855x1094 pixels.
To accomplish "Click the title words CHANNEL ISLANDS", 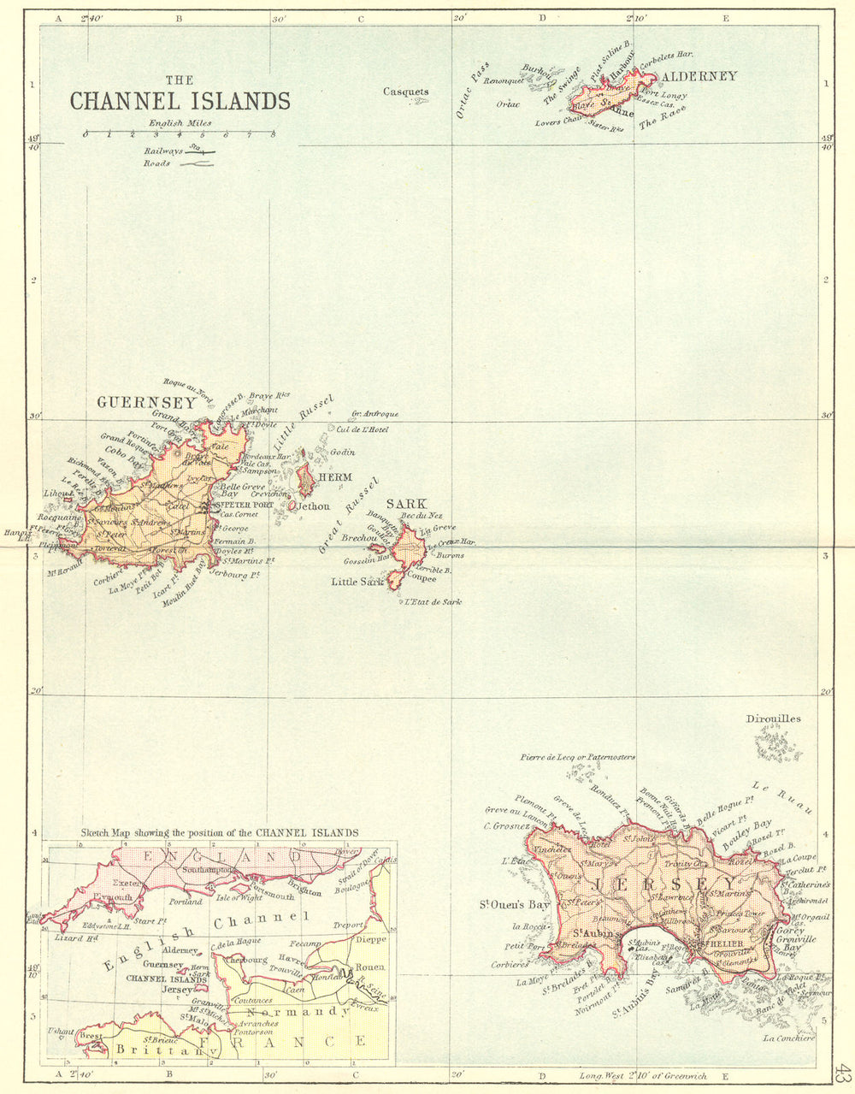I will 180,101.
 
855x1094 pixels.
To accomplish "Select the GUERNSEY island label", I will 134,402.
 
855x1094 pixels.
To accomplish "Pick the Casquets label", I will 405,92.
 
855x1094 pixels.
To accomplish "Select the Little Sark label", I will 357,582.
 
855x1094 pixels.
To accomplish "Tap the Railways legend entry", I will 178,151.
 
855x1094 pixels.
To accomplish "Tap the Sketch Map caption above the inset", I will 220,832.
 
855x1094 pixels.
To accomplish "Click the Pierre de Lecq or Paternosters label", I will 577,757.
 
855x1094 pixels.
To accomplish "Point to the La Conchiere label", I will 790,1038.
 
